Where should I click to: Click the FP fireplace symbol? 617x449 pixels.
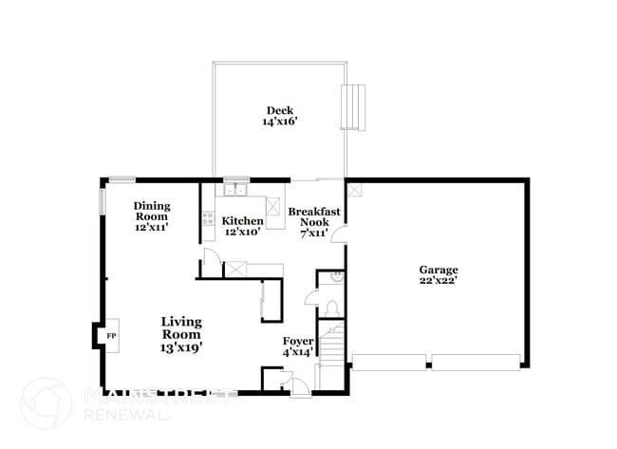(110, 337)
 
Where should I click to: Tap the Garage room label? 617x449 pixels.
(439, 270)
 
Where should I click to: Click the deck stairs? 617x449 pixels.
(352, 105)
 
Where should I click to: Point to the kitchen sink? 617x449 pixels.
(234, 191)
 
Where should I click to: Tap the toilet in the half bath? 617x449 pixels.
(329, 307)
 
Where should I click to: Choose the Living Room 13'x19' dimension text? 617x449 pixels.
(180, 347)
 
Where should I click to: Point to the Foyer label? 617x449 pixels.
(298, 341)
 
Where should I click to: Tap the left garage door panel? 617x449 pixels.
(388, 361)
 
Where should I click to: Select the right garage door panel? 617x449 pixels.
(475, 361)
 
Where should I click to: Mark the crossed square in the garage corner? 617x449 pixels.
(352, 188)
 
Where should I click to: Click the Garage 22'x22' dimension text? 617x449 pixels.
(439, 281)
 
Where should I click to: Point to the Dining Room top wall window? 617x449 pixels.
(121, 178)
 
